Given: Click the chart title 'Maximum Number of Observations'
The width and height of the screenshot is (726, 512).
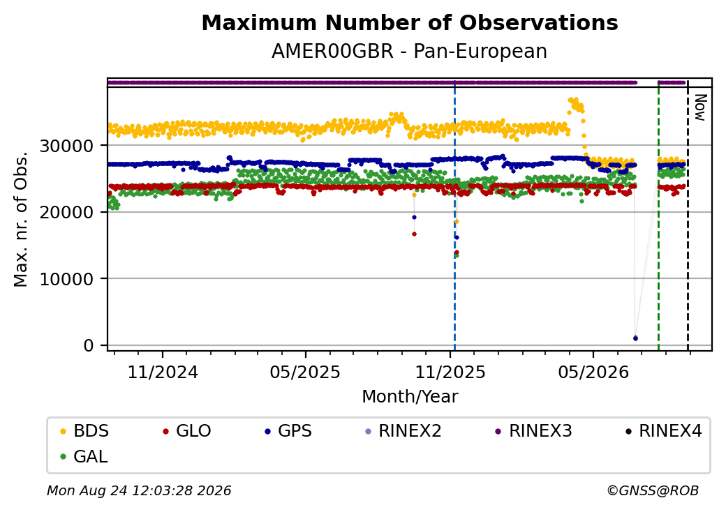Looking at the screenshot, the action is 410,22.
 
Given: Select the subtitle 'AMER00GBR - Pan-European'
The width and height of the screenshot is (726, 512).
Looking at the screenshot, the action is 409,52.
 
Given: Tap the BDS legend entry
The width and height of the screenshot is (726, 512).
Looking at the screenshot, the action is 84,431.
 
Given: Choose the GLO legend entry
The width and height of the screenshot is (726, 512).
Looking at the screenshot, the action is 187,431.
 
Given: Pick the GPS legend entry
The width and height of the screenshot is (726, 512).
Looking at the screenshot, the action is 288,431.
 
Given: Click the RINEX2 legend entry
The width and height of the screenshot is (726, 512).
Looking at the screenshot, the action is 403,431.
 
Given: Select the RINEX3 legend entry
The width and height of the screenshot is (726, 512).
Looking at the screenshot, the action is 534,431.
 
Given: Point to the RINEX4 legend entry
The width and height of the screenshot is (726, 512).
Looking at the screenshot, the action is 663,431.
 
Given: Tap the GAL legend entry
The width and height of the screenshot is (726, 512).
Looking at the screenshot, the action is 84,456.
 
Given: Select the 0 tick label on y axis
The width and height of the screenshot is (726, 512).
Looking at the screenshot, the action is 89,346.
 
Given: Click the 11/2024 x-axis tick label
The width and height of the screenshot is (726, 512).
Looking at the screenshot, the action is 163,372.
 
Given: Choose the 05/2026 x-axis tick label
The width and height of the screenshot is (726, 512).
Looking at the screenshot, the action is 593,372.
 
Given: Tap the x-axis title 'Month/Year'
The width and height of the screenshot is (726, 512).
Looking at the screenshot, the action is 410,397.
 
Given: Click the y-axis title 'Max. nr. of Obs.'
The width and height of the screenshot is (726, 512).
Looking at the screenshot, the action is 21,219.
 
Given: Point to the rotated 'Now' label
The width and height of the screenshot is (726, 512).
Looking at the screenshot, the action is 701,107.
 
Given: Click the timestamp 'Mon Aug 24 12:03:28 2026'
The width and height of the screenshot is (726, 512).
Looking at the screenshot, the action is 139,490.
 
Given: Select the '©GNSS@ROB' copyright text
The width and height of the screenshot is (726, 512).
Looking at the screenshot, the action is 653,490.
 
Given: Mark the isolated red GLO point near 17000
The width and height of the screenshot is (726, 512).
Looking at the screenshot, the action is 414,234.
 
